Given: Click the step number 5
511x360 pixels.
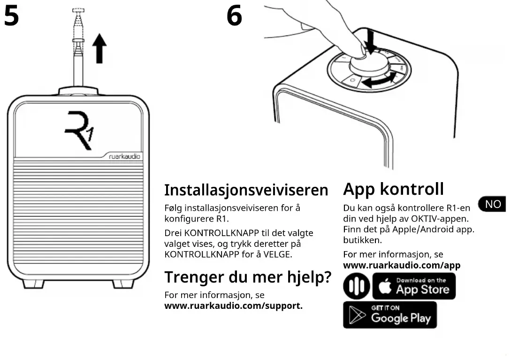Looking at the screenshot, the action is [x=11, y=16].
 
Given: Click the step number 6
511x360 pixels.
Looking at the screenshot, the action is [x=234, y=16].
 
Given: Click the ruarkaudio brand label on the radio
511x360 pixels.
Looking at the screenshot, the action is [x=125, y=157].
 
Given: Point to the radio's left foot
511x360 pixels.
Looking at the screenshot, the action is [x=33, y=283].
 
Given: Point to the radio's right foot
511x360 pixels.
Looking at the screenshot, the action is [x=123, y=283].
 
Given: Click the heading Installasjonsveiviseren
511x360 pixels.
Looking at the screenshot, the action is [x=246, y=190].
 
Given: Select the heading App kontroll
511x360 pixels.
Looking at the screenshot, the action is [x=393, y=189].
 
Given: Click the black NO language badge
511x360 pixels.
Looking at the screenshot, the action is [x=492, y=204].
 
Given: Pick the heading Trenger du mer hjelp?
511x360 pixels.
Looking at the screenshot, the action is [x=247, y=277].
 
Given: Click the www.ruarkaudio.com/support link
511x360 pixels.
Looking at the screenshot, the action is [x=233, y=306].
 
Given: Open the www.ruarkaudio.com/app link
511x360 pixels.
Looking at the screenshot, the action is [x=402, y=265].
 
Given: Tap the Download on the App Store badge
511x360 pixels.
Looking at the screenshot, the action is [x=414, y=286].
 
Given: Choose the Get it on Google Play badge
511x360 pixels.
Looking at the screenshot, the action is [x=389, y=315].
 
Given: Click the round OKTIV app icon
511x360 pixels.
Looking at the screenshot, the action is [x=356, y=287].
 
